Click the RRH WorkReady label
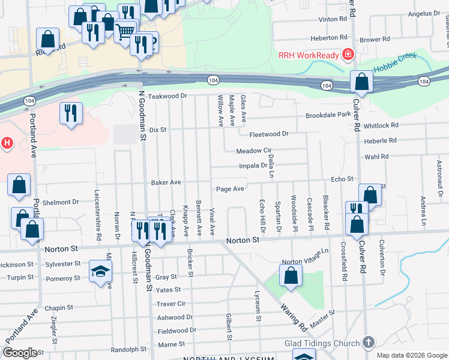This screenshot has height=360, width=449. (x=308, y=55)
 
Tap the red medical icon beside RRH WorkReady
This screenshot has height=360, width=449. (x=347, y=55)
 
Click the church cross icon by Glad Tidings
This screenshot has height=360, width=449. (x=368, y=343)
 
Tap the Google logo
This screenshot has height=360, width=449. (x=20, y=352)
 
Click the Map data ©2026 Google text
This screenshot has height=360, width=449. (x=411, y=355)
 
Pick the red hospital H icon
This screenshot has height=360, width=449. (x=7, y=143)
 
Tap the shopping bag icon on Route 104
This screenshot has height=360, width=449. (x=361, y=82)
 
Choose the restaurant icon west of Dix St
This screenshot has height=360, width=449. (x=71, y=113)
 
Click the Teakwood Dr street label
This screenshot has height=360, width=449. (x=168, y=96)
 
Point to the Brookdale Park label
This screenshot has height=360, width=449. (x=328, y=115)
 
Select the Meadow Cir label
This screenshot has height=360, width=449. (x=254, y=151)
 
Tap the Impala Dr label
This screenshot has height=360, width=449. (x=253, y=166)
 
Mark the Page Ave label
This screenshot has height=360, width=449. (x=230, y=189)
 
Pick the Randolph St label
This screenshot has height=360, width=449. (x=128, y=349)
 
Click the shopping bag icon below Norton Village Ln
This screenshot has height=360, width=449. (x=291, y=276)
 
